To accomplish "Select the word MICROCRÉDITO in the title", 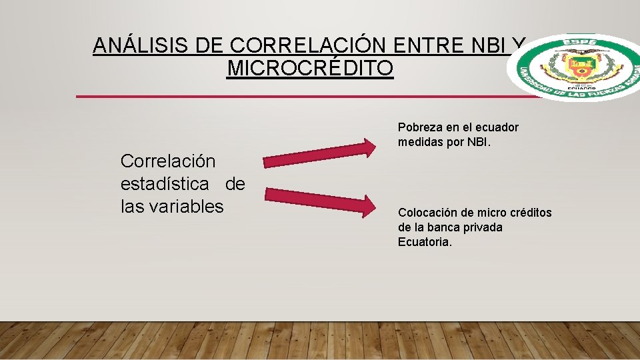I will coord(310,68).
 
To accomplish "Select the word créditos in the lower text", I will coord(529,213).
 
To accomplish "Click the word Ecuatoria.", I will coord(425,242).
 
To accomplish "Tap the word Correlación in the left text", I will coord(168,161).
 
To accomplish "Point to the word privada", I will coord(482,227).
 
